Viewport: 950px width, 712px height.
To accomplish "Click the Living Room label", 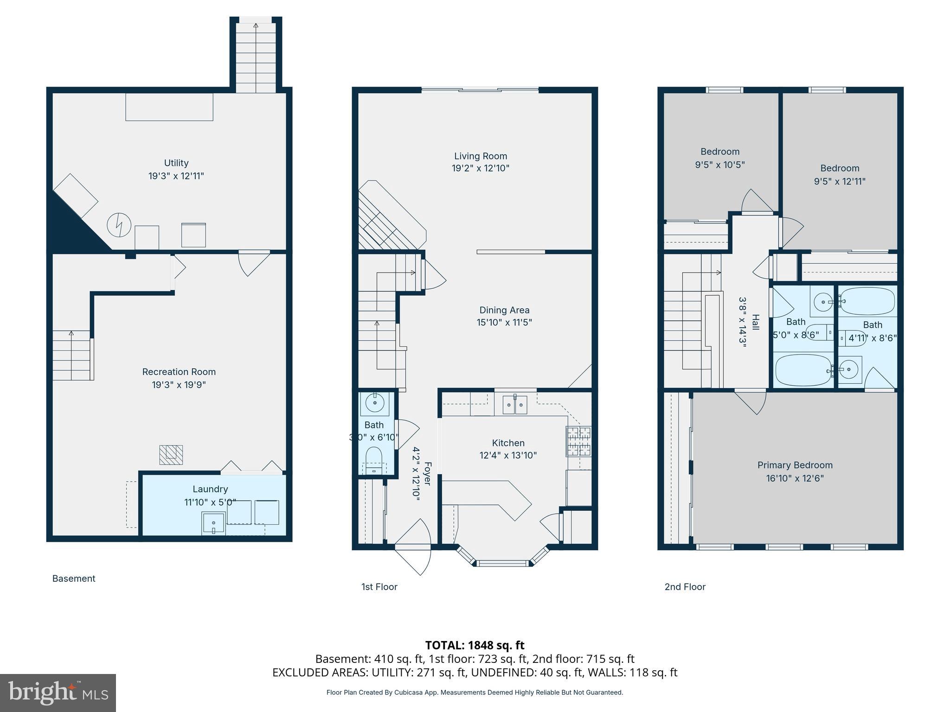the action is click(x=481, y=156).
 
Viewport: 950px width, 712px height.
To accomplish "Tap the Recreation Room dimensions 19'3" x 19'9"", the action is click(x=179, y=385).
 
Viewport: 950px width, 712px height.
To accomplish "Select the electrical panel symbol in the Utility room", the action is click(x=120, y=225).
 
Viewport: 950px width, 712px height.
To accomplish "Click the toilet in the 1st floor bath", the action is click(x=374, y=460).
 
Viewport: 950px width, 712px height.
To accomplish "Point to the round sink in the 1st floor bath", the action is click(x=375, y=402).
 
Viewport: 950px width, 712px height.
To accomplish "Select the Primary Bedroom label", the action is click(x=795, y=465).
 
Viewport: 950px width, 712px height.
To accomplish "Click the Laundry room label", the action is click(x=210, y=489).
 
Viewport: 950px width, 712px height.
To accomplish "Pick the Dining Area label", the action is click(x=504, y=310).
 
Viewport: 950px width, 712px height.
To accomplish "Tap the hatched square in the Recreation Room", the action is click(x=171, y=455).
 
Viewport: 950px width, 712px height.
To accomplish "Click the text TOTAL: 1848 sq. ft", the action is click(x=475, y=645).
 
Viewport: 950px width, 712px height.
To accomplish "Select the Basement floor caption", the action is click(x=74, y=578).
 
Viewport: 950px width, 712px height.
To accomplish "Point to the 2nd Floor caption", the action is click(x=685, y=587).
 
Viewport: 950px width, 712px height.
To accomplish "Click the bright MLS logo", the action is click(x=58, y=693).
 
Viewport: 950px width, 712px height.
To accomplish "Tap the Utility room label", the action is click(x=176, y=163).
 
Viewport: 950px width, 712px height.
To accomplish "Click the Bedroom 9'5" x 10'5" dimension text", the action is click(x=720, y=165).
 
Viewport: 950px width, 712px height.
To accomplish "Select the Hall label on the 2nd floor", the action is click(x=756, y=322).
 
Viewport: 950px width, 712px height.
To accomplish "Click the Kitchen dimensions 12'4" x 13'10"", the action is click(x=508, y=455).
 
